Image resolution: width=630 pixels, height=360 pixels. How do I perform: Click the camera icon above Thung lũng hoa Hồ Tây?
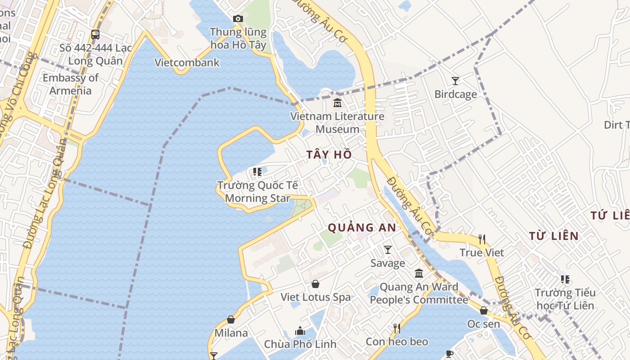coord(238,18)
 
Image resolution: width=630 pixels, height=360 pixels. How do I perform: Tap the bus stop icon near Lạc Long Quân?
coord(95,34)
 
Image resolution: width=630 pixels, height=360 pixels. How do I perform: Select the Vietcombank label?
coord(187,63)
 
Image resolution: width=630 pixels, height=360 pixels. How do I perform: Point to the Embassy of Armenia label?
coord(70,84)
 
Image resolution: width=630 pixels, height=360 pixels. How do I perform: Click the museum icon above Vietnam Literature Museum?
coord(337,103)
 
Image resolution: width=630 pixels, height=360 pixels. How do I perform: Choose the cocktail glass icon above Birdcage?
coord(455,81)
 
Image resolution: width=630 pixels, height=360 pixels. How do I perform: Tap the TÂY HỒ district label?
coord(329,155)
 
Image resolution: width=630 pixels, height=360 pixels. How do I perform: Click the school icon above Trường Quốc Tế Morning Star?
coord(257,171)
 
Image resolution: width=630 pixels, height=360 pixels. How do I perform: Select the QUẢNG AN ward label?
coord(362,228)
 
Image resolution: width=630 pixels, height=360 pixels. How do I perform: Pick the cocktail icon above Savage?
coord(387,249)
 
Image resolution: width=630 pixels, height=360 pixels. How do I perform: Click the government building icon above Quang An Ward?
coord(419,273)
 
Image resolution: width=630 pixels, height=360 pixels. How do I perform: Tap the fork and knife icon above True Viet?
coord(482,239)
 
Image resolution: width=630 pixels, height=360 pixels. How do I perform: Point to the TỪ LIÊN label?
coord(553,236)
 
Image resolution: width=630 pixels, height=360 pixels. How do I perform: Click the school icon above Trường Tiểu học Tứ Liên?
coord(565,279)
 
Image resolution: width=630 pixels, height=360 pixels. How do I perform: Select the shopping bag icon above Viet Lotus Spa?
coord(315,284)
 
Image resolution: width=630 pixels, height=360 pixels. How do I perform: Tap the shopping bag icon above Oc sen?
coord(484,310)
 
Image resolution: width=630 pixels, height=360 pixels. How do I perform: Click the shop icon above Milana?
coord(231,319)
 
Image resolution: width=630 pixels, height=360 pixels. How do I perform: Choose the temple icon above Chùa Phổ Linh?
coord(300,331)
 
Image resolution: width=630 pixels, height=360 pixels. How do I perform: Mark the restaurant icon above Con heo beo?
coord(396,328)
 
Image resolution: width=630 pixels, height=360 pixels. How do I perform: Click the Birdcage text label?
coord(455,94)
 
